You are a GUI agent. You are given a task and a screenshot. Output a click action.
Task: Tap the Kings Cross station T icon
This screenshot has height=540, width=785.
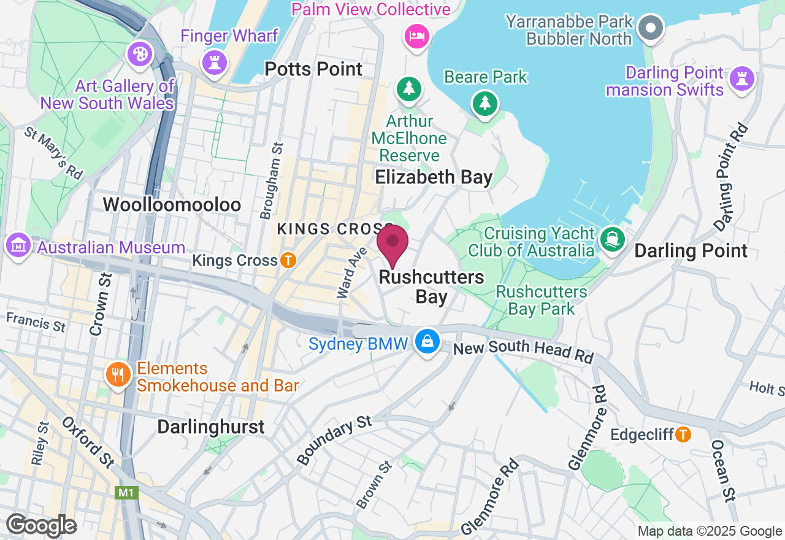288,260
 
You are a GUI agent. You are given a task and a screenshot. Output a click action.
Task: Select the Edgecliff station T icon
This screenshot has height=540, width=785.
683,434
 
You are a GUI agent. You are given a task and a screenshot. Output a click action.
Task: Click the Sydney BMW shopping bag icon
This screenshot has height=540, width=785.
427,341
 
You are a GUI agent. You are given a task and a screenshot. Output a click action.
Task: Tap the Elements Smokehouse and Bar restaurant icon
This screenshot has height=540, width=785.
118,374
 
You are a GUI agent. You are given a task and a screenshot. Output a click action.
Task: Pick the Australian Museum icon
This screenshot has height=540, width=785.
18,245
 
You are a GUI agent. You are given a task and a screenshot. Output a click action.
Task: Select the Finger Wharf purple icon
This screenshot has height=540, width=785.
215,62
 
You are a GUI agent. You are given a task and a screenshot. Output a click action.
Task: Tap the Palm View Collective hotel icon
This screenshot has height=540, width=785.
416,36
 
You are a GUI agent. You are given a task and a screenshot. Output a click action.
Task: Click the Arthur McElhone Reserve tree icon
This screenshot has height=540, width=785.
409,88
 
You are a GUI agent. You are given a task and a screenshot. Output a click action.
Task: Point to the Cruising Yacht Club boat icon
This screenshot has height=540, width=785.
611,239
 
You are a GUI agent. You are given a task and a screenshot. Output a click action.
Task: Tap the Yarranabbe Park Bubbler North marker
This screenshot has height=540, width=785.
651,27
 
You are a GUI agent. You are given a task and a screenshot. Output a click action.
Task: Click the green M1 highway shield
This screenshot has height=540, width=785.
126,493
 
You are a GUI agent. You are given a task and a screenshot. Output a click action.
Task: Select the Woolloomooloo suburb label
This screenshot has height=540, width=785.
172,204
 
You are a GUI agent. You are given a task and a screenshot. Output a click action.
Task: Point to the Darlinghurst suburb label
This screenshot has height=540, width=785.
211,426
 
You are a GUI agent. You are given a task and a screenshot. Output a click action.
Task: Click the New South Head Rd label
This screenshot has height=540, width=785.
523,350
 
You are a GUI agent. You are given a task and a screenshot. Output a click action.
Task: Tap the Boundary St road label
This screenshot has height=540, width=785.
334,439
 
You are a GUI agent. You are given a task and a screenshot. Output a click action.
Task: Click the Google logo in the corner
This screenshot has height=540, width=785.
41,526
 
